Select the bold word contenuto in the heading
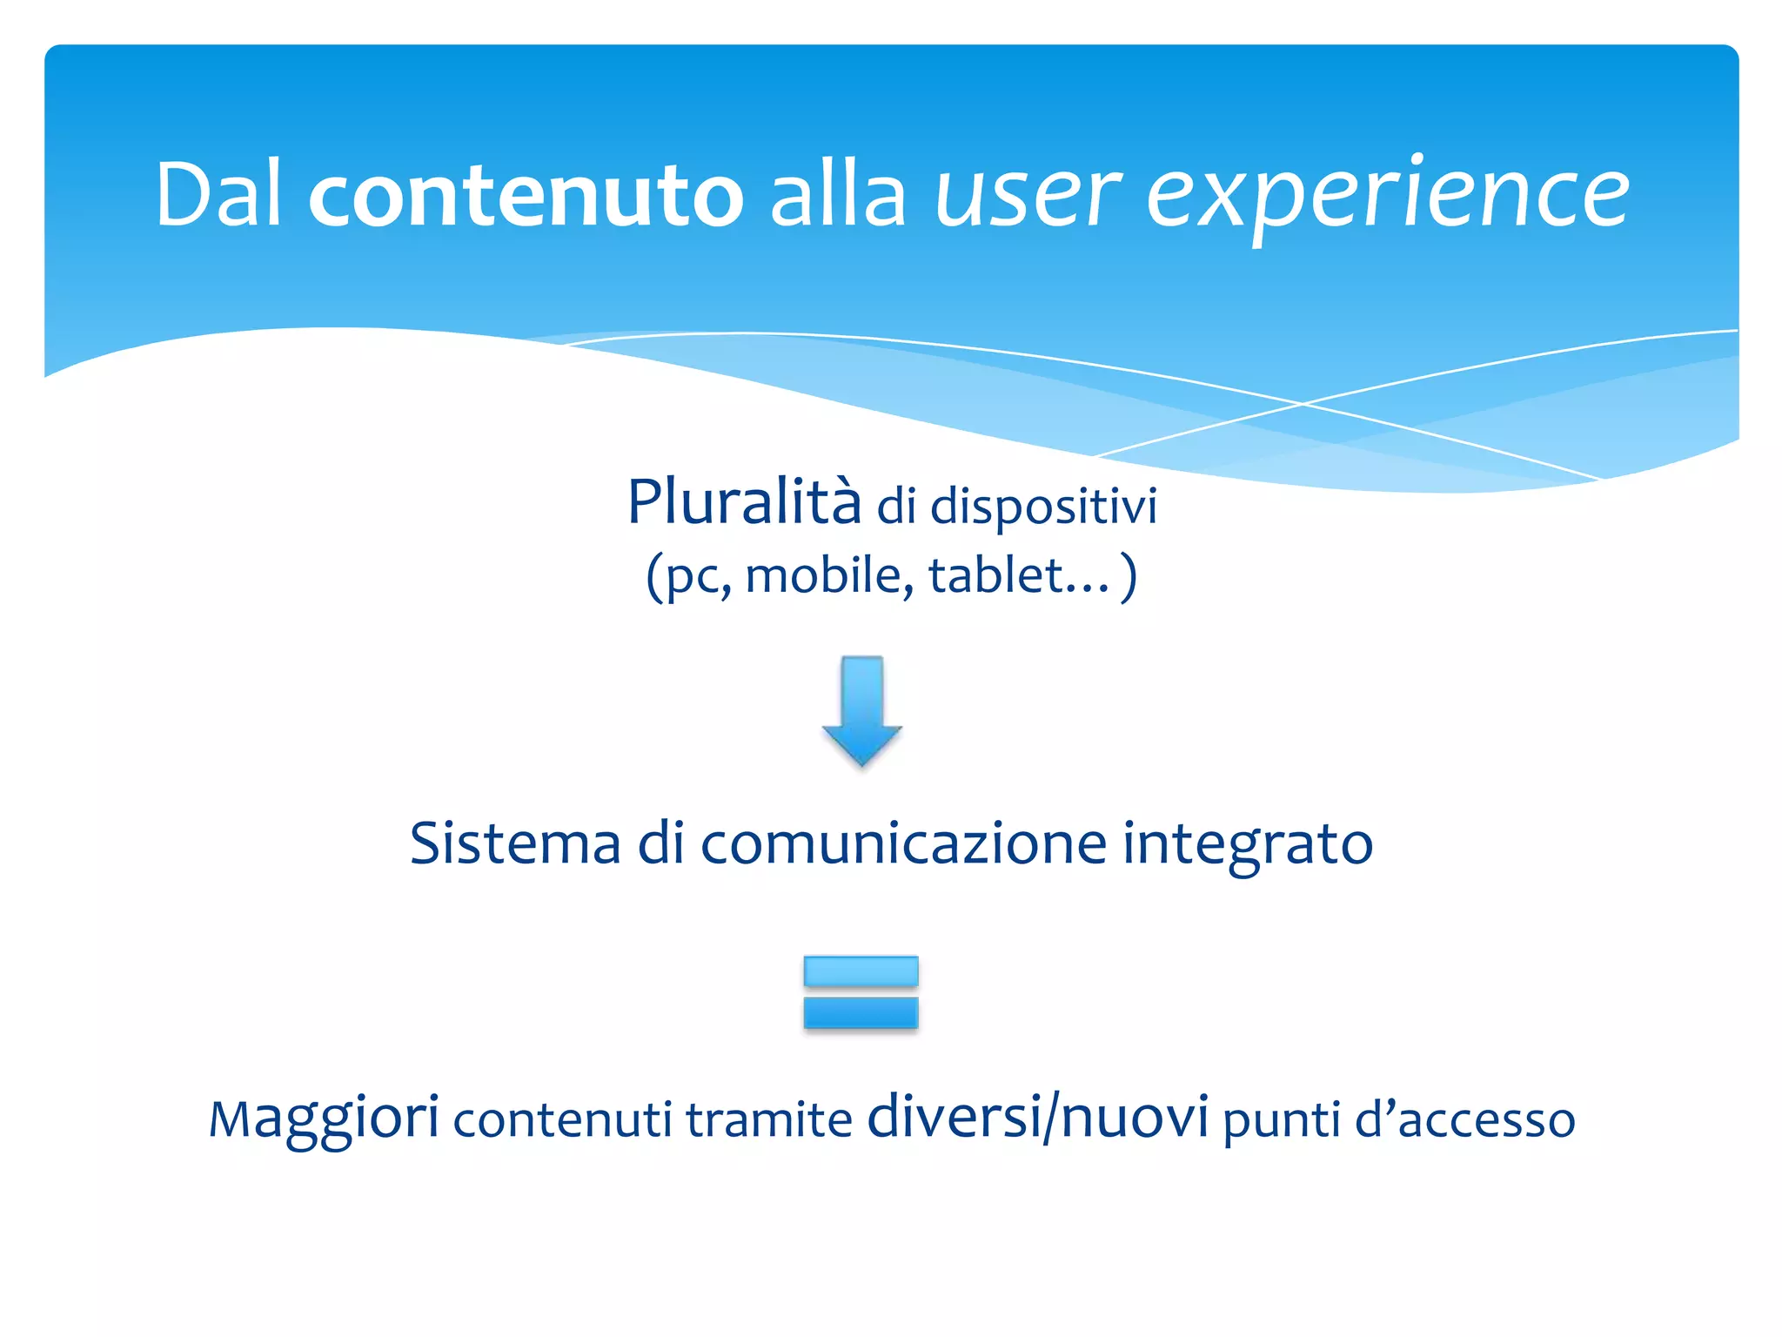coord(526,197)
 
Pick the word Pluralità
coord(744,502)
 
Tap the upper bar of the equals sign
coord(861,971)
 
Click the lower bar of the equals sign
coord(861,1012)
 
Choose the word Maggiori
coord(324,1119)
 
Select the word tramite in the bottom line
coord(768,1120)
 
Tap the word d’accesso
coord(1464,1119)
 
